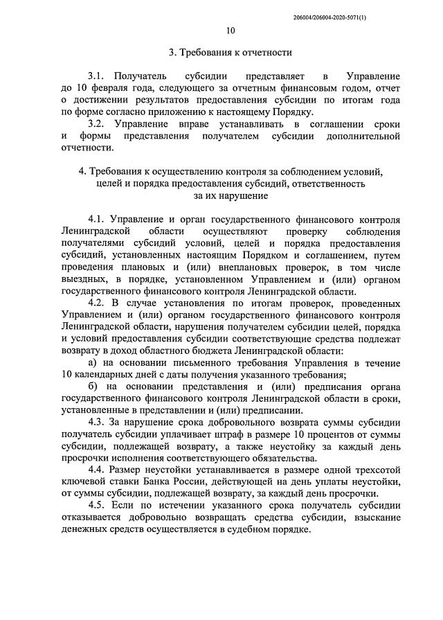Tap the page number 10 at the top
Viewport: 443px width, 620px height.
click(230, 30)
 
